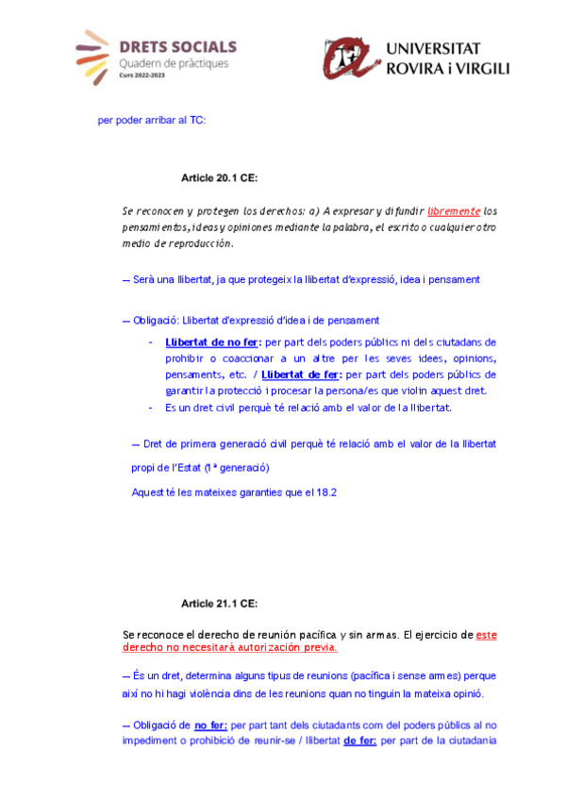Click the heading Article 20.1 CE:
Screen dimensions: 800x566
coord(219,177)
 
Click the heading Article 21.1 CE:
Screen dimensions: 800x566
coord(219,603)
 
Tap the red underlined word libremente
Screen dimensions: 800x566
coord(455,211)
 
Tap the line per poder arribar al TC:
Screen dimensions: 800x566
coord(151,120)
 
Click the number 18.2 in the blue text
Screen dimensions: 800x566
coord(328,492)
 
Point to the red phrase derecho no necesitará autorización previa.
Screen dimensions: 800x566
coord(229,648)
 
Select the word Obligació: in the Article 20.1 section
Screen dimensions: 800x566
coord(152,321)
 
